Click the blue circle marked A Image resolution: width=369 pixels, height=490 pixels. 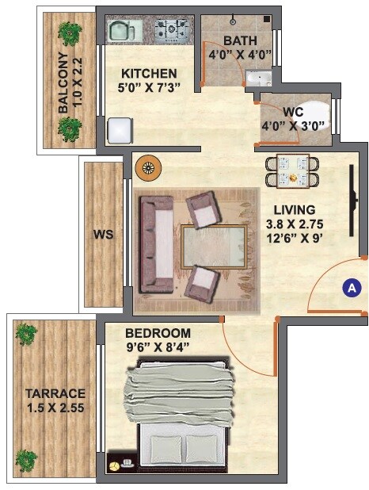tap(351, 288)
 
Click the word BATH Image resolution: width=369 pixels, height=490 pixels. tap(239, 40)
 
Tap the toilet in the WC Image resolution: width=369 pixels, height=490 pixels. tap(317, 109)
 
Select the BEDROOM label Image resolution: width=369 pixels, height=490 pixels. tap(159, 332)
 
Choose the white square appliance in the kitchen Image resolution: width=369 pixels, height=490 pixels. tap(119, 129)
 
